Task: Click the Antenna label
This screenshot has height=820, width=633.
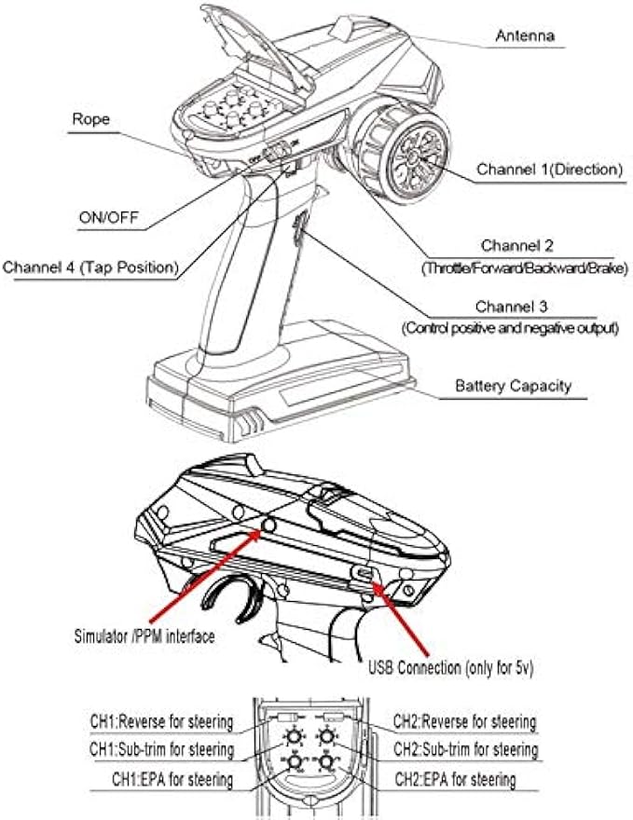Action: pyautogui.click(x=525, y=36)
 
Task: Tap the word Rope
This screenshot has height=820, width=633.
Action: pyautogui.click(x=91, y=119)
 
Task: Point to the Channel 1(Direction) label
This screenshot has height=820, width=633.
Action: pyautogui.click(x=549, y=170)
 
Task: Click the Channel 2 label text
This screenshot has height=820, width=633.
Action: pyautogui.click(x=516, y=246)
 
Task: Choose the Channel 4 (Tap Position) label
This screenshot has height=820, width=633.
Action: pyautogui.click(x=90, y=267)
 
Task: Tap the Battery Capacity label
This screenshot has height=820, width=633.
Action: pyautogui.click(x=513, y=386)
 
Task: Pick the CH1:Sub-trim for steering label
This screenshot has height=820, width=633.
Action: pyautogui.click(x=160, y=749)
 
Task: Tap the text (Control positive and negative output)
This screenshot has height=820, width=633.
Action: pyautogui.click(x=511, y=329)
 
